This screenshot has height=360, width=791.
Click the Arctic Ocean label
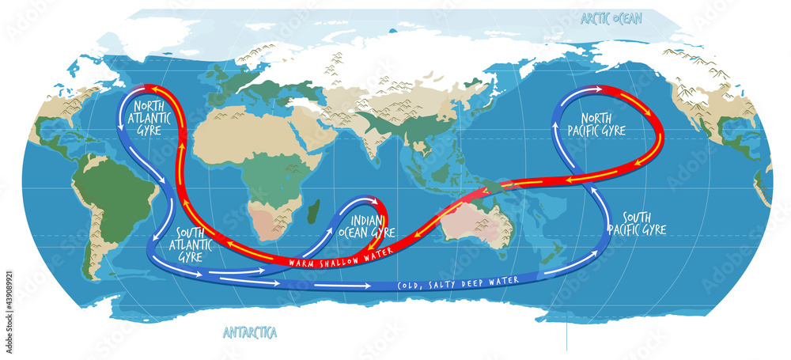(x=611, y=18)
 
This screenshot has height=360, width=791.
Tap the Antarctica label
(x=250, y=332)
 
